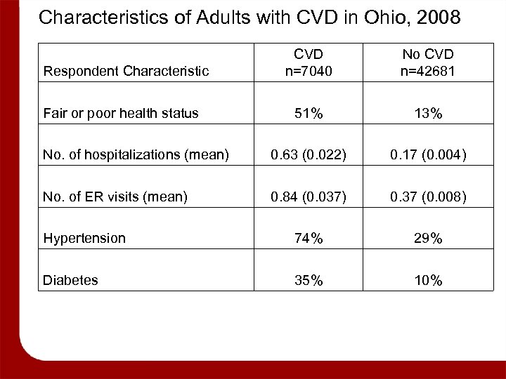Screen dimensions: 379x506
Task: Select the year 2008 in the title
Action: point(438,18)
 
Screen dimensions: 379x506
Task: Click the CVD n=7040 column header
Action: point(309,62)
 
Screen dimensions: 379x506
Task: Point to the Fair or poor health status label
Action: point(121,113)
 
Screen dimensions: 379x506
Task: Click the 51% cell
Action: point(309,114)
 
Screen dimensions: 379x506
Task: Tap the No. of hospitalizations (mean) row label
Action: point(136,156)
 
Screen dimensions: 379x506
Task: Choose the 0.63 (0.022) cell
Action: point(309,156)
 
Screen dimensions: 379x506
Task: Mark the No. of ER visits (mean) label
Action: point(115,198)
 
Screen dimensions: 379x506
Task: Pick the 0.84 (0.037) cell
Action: point(309,198)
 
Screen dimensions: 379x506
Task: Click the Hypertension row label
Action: point(84,239)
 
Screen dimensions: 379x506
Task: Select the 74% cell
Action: point(309,239)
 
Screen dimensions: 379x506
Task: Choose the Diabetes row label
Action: point(70,281)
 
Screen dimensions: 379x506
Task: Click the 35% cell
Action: point(309,281)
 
